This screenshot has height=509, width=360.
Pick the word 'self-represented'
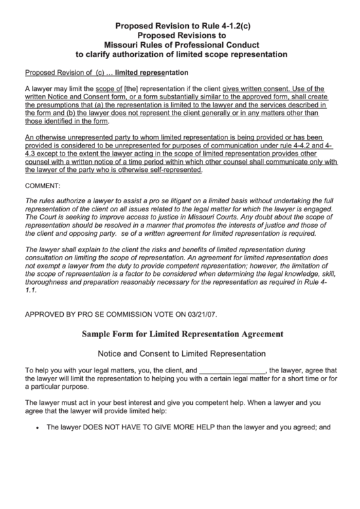(x=171, y=171)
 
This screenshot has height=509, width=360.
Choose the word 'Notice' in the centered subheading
(x=113, y=354)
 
